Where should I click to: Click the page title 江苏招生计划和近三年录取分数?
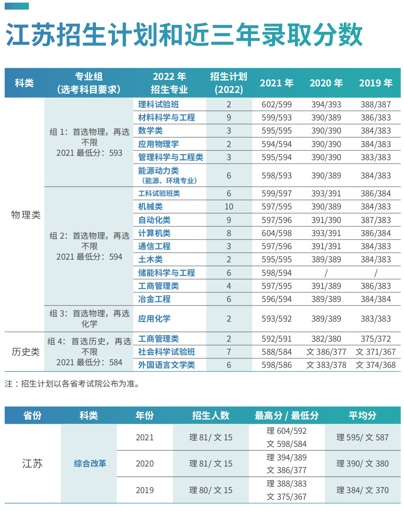pyautogui.click(x=184, y=35)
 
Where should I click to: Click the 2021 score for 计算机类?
pyautogui.click(x=276, y=233)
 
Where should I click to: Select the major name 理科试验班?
pyautogui.click(x=159, y=105)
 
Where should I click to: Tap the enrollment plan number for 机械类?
pyautogui.click(x=229, y=207)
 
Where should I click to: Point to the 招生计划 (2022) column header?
pyautogui.click(x=229, y=83)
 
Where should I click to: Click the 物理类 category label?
pyautogui.click(x=25, y=215)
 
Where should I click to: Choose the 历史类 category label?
pyautogui.click(x=25, y=352)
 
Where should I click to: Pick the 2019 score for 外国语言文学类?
pyautogui.click(x=376, y=365)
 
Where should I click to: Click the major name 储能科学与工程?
pyautogui.click(x=166, y=273)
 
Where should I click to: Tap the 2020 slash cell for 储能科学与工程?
pyautogui.click(x=326, y=273)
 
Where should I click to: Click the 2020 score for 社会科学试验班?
pyautogui.click(x=326, y=352)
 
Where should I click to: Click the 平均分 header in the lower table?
pyautogui.click(x=363, y=415)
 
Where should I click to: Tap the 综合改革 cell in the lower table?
pyautogui.click(x=90, y=463)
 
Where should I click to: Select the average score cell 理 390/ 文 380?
pyautogui.click(x=363, y=464)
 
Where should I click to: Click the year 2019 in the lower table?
pyautogui.click(x=145, y=490)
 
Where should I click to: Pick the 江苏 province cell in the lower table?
pyautogui.click(x=33, y=463)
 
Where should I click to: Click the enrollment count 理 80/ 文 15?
pyautogui.click(x=211, y=490)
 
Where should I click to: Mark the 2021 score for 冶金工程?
pyautogui.click(x=276, y=299)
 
